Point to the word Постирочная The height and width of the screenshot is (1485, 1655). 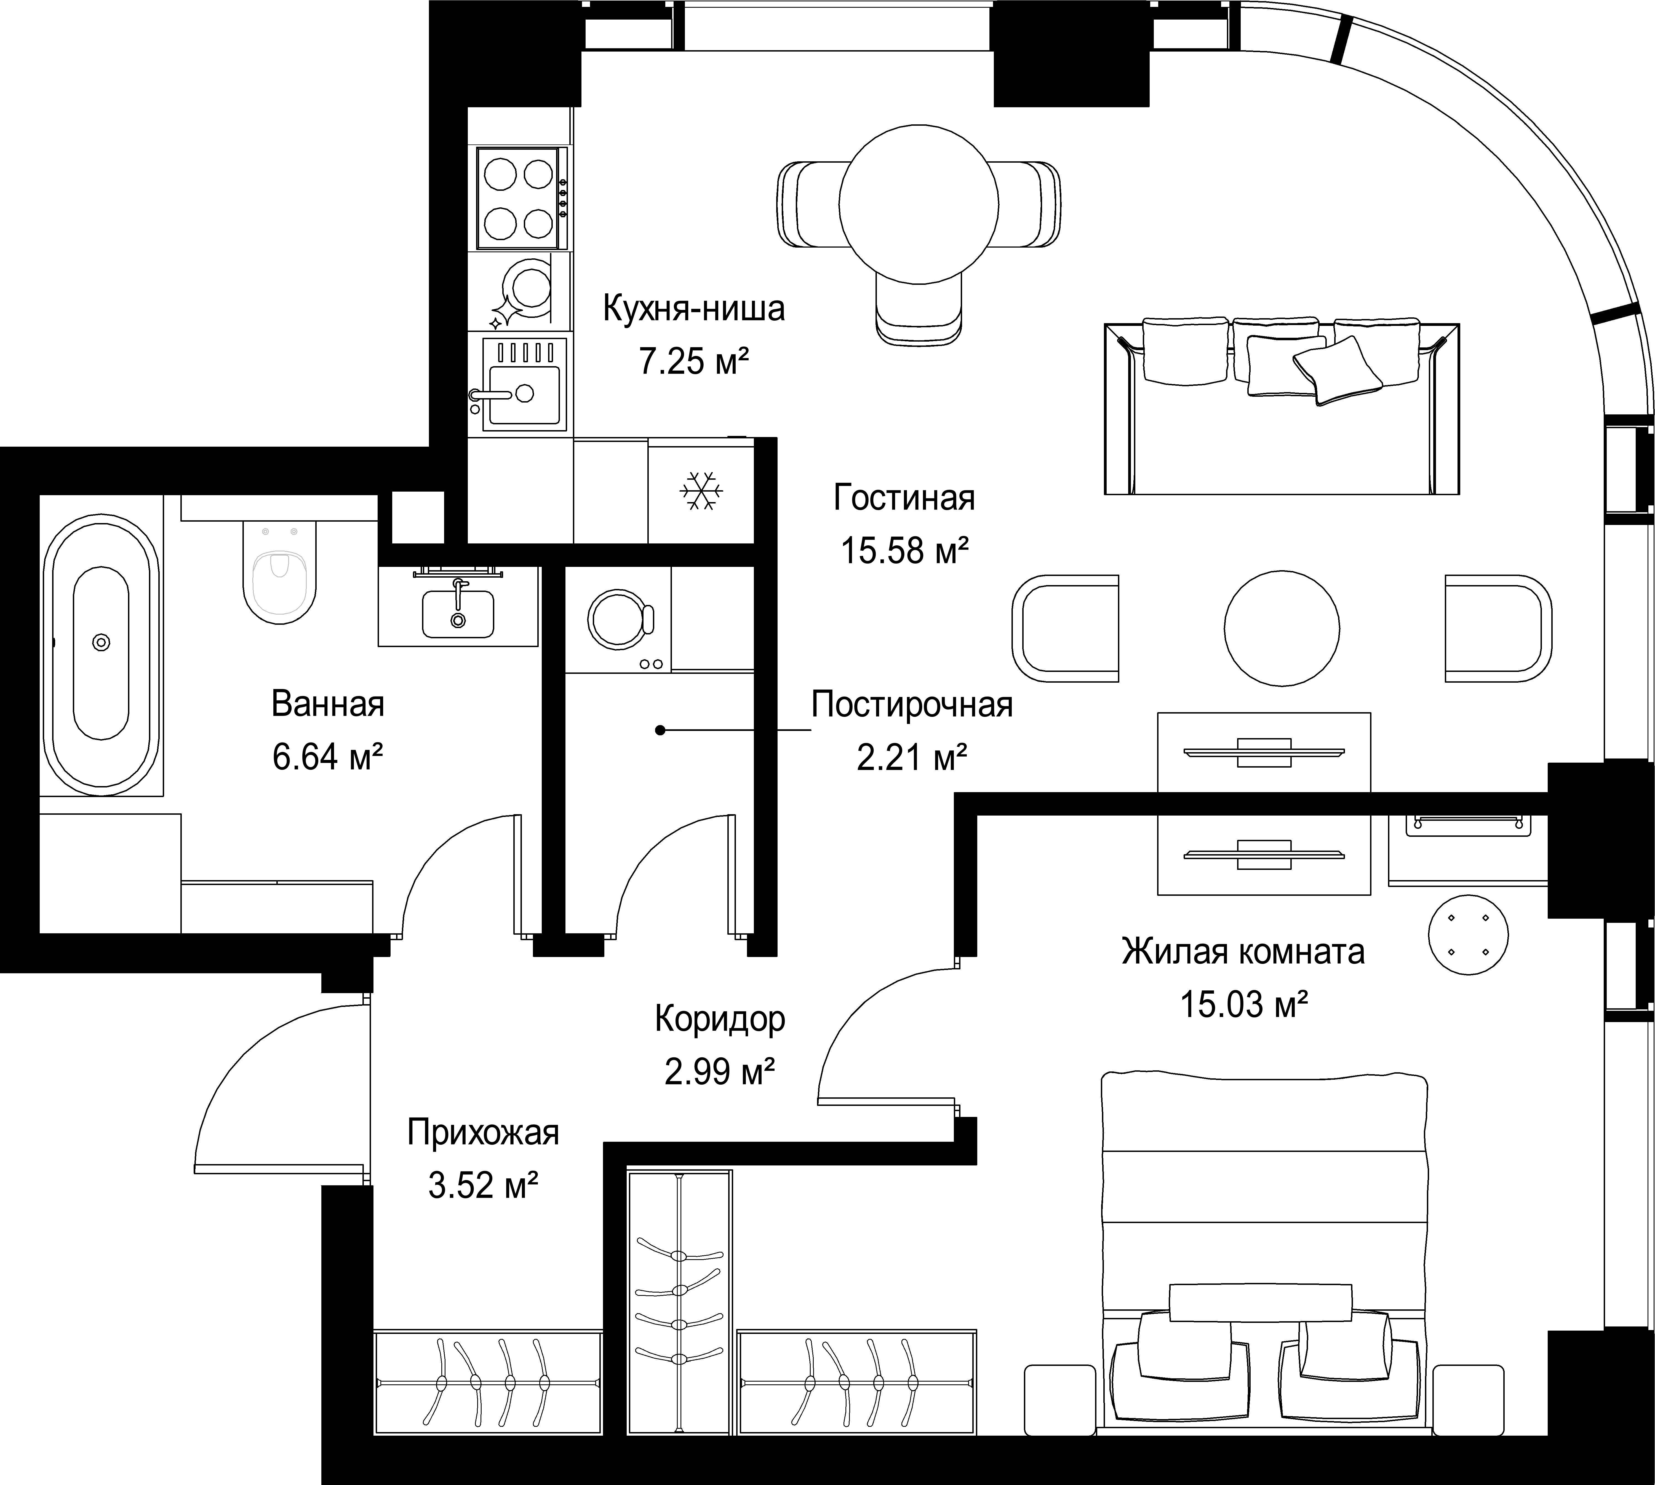[912, 705]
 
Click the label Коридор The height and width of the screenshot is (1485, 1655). [720, 1019]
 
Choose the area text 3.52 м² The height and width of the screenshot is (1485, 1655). [483, 1185]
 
